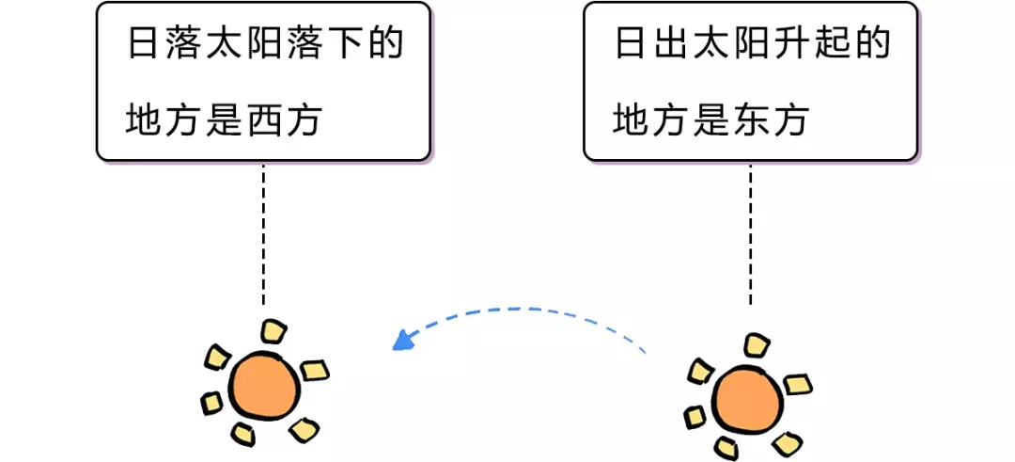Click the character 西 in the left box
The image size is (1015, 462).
[263, 119]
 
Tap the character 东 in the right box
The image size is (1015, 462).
[750, 119]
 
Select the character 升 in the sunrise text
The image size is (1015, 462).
[791, 45]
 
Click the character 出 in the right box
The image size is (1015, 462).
[671, 45]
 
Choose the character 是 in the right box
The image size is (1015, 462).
[710, 119]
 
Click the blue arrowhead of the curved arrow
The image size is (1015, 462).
[402, 340]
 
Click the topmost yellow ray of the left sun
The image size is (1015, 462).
[273, 332]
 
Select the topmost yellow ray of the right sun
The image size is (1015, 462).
[756, 344]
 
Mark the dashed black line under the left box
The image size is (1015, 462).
[263, 234]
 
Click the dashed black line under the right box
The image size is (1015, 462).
[750, 234]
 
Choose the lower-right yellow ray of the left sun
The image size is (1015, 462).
[304, 430]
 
